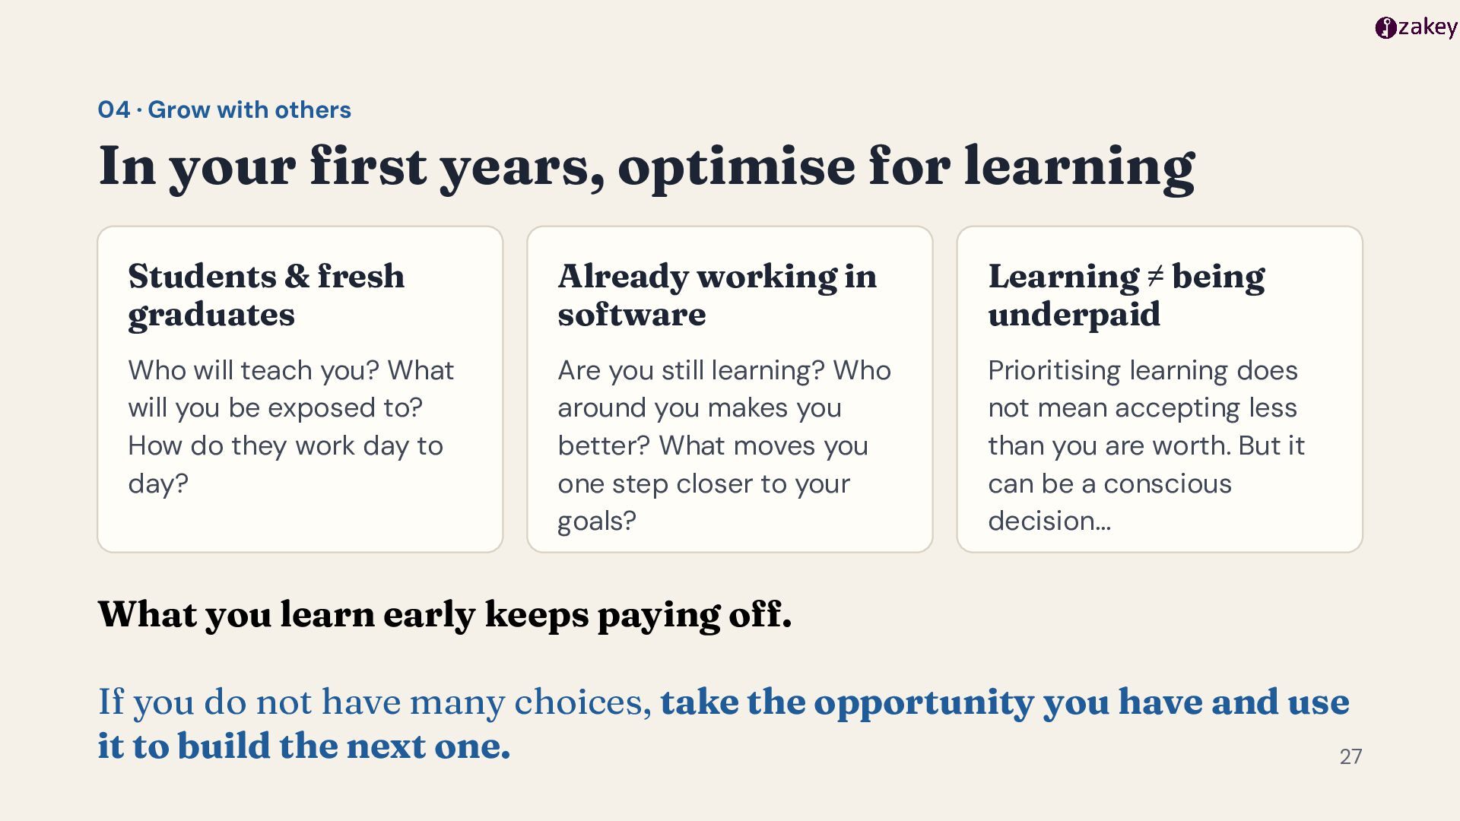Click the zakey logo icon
coord(1385,28)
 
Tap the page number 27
coord(1350,756)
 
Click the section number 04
coord(114,109)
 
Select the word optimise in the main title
coord(736,167)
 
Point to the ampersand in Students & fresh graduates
coord(297,276)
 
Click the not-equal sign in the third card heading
coord(1155,277)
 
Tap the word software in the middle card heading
coord(632,314)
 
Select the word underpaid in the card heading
coord(1074,315)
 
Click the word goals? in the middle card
coord(597,522)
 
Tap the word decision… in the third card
coord(1049,521)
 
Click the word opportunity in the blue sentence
coord(924,703)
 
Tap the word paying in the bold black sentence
coord(659,616)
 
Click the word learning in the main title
coord(1080,167)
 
